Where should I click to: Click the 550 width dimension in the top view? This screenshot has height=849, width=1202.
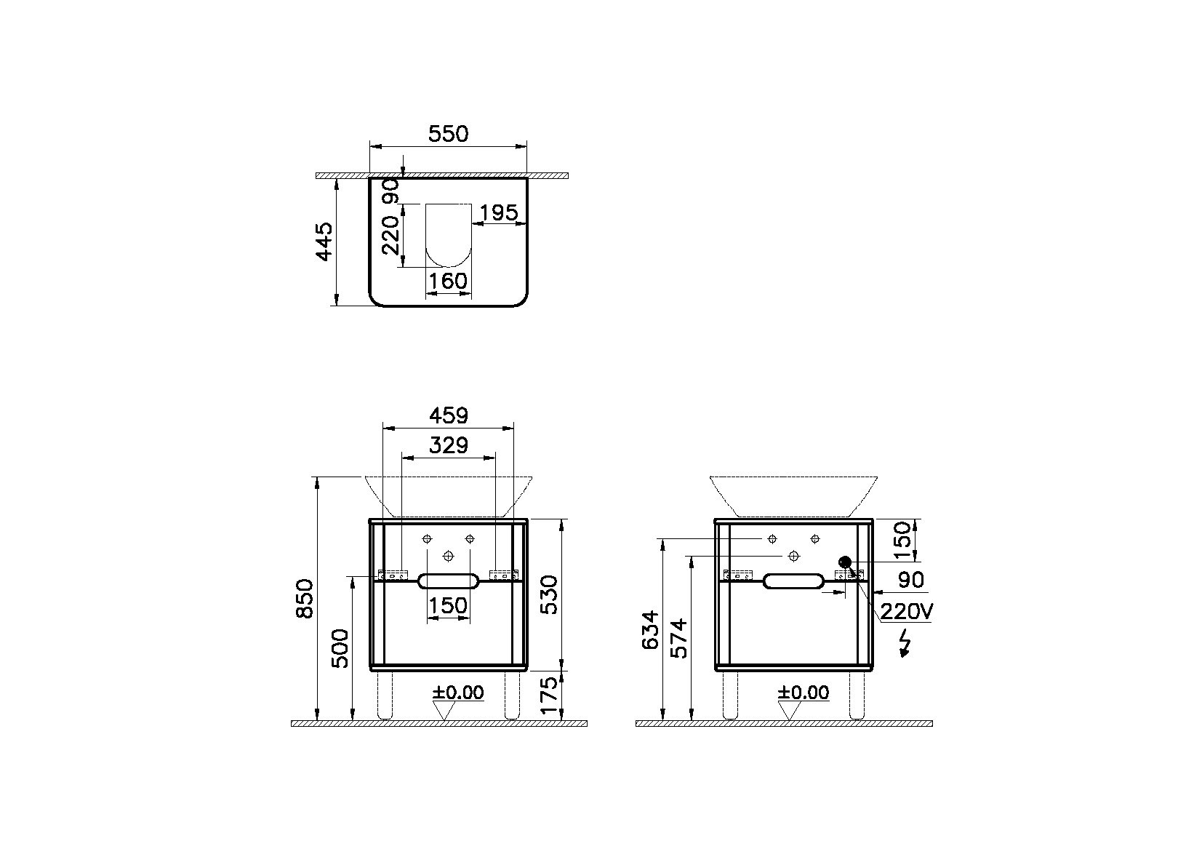pos(448,134)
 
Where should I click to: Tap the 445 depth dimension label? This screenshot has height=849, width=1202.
pos(324,242)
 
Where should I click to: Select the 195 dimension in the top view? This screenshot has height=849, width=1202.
pos(500,212)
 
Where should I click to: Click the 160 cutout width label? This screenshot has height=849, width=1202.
pos(448,281)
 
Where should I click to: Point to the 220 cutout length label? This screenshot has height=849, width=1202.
pos(390,234)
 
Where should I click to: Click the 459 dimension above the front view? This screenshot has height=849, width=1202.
pos(448,415)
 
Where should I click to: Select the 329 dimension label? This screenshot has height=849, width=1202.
pos(448,445)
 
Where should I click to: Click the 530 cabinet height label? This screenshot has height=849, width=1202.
pos(549,594)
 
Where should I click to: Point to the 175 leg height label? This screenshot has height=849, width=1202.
pos(549,695)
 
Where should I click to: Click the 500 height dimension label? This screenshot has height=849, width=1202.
pos(340,648)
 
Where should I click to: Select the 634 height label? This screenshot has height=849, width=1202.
pos(652,630)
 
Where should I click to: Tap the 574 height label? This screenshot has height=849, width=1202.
pos(678,638)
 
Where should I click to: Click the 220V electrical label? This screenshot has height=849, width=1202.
pos(906,612)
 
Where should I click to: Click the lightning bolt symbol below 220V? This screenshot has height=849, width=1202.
pos(905,643)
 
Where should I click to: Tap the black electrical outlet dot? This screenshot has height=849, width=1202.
pos(845,562)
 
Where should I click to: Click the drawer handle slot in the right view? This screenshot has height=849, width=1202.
pos(794,581)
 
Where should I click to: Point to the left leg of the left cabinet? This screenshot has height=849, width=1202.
pos(385,695)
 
